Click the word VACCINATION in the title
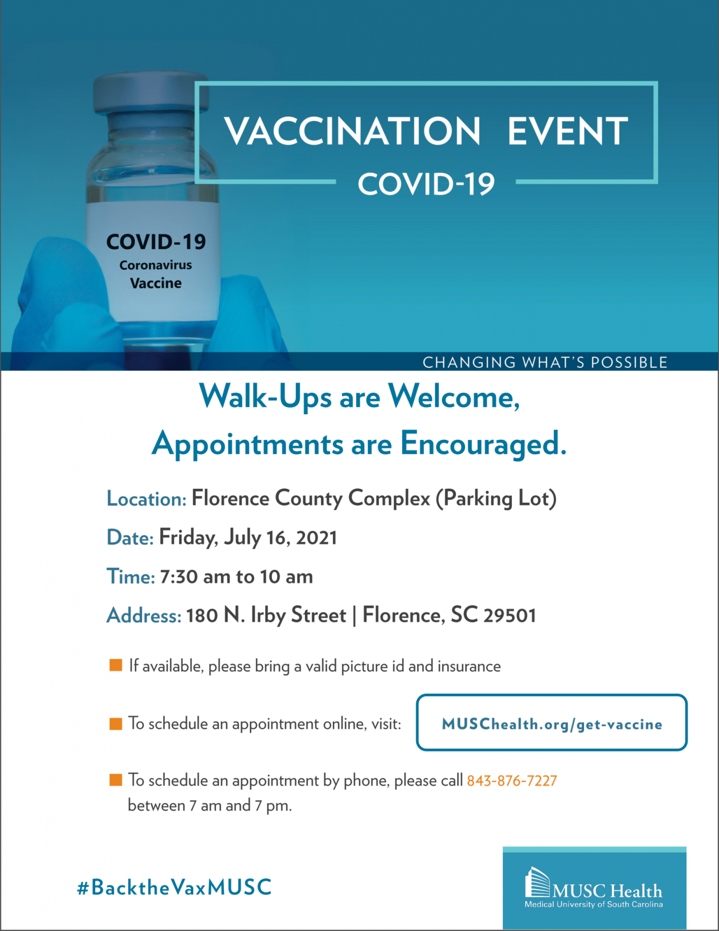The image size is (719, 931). point(352,131)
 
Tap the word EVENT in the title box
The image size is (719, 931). point(567,131)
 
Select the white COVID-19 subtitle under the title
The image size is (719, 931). point(426,184)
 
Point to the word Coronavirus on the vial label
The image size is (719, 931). point(156,265)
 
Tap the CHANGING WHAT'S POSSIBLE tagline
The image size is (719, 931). point(545,363)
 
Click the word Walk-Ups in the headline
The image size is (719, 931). point(265,397)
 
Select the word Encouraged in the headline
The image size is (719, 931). point(483,444)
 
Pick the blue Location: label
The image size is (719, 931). point(146,499)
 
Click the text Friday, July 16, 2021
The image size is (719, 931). point(248,537)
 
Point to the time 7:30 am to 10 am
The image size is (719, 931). point(236,576)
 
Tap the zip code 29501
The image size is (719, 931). point(510,615)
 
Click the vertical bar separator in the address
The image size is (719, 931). point(354,615)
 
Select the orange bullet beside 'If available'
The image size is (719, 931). point(116,665)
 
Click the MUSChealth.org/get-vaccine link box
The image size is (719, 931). point(552,723)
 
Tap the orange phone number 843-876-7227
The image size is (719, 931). point(512,780)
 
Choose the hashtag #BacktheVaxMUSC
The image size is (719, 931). point(174,888)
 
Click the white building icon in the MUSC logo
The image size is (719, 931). point(537,883)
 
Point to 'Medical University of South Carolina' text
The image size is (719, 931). point(593,905)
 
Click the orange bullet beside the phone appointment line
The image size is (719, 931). point(116,779)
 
